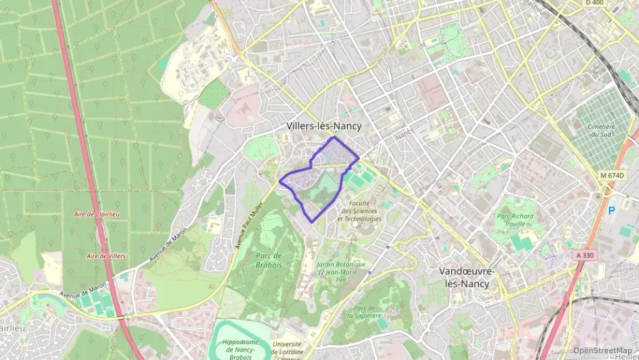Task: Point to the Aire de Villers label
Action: pyautogui.click(x=106, y=255)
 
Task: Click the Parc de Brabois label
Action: pyautogui.click(x=268, y=260)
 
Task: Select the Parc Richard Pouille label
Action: pyautogui.click(x=516, y=219)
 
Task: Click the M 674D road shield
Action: pyautogui.click(x=612, y=176)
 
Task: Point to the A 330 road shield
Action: pyautogui.click(x=585, y=254)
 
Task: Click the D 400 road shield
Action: pyautogui.click(x=595, y=3)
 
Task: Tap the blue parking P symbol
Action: pyautogui.click(x=612, y=210)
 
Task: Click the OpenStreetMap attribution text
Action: pyautogui.click(x=602, y=350)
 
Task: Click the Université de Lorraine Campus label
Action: pyautogui.click(x=287, y=349)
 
